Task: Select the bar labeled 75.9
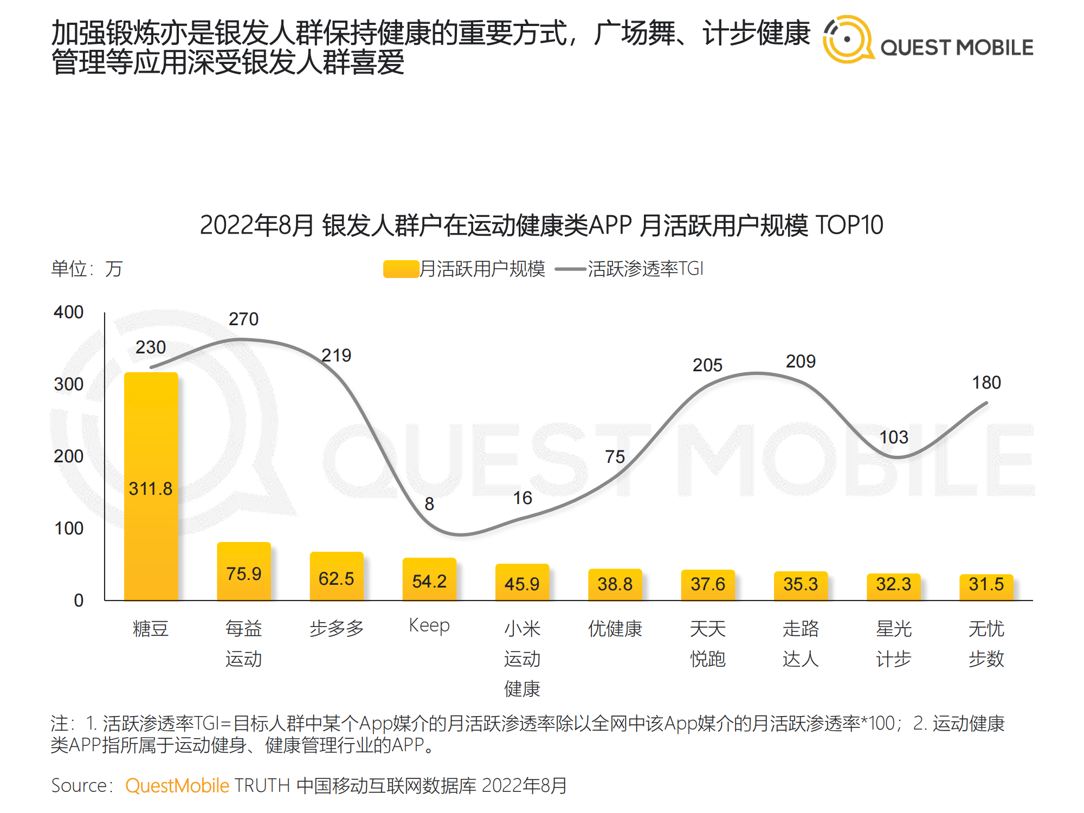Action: [244, 572]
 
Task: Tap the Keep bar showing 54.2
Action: [429, 579]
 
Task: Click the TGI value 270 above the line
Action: [243, 319]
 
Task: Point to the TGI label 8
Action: [429, 504]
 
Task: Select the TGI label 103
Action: [893, 437]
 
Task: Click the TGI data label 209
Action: [801, 362]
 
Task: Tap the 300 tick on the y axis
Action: [69, 384]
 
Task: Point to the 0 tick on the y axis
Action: [79, 601]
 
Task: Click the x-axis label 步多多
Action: [337, 629]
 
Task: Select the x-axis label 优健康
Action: [615, 629]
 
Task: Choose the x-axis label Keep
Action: [429, 625]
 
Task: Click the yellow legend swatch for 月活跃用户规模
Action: [401, 269]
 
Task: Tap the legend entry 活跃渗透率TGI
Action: [645, 269]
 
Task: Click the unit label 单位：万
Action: [87, 269]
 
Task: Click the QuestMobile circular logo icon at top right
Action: [847, 39]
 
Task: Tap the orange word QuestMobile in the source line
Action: [177, 785]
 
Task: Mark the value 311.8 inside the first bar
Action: [151, 489]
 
